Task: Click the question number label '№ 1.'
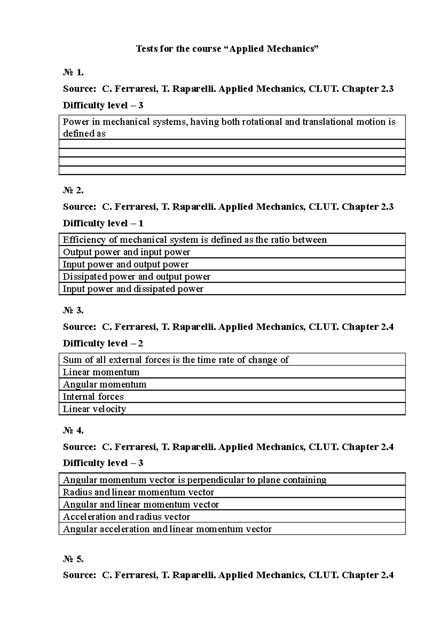tap(73, 73)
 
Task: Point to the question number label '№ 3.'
tap(73, 311)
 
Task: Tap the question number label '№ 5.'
tap(73, 559)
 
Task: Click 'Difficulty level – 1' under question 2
tap(103, 223)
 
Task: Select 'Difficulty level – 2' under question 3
tap(103, 344)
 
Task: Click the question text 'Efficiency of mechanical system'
tap(194, 240)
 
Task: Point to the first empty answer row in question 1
tap(232, 144)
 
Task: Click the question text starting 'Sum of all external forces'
tap(176, 360)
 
